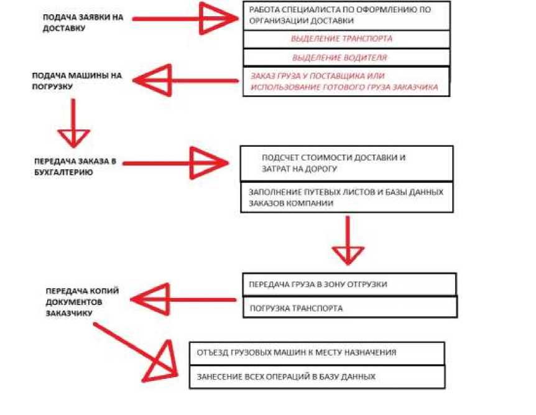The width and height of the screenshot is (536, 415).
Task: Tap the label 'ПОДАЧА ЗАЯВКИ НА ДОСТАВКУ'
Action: (x=83, y=22)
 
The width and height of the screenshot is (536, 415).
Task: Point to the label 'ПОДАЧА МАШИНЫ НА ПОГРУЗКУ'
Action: (x=77, y=81)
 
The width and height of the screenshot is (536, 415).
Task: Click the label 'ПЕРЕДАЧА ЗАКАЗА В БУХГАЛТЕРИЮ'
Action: (x=75, y=167)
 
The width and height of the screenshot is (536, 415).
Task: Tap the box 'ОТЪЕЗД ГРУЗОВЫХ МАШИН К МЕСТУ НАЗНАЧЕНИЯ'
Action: (x=317, y=353)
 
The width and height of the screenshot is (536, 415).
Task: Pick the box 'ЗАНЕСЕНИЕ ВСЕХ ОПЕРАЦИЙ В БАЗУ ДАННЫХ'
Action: (x=317, y=377)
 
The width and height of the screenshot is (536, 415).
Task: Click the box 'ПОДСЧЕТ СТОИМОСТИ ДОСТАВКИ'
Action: (x=346, y=163)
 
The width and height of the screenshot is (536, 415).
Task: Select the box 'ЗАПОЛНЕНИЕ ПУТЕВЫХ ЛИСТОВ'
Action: (x=346, y=197)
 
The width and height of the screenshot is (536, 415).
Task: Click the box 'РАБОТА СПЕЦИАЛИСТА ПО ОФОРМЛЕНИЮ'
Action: (x=346, y=16)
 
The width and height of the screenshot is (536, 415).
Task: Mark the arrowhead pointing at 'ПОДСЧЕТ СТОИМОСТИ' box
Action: (x=208, y=164)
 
